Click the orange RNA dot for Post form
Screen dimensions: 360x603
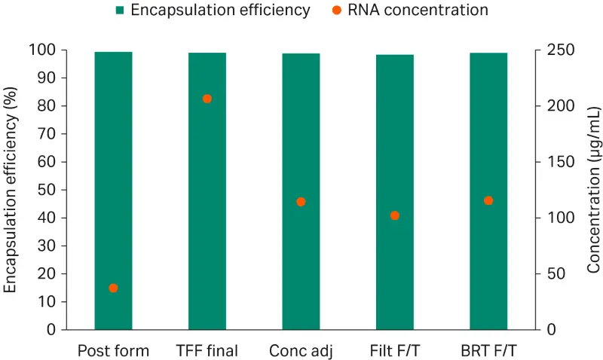(x=113, y=288)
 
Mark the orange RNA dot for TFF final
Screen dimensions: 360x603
(x=207, y=99)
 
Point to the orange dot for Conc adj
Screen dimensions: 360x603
(x=301, y=202)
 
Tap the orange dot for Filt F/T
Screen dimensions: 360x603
(x=394, y=215)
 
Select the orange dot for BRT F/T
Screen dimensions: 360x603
(x=488, y=200)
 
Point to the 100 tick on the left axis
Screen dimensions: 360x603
(x=45, y=50)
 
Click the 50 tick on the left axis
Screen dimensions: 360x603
(x=49, y=190)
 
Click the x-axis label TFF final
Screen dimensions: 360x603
(x=207, y=351)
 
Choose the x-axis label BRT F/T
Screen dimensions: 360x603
(x=488, y=351)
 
